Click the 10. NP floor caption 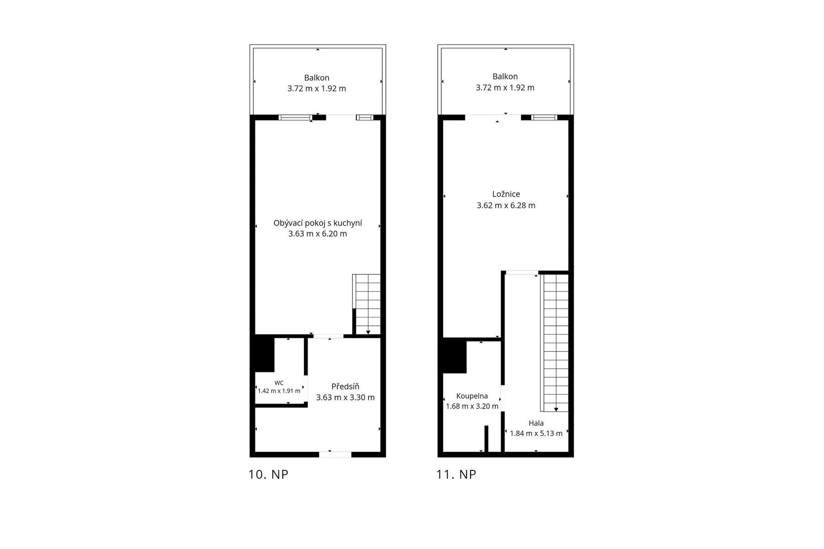coord(268,474)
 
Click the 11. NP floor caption coord(456,474)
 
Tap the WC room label coord(279,383)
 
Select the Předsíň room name coord(345,387)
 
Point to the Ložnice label coord(506,194)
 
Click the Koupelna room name coord(472,396)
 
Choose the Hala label coord(536,423)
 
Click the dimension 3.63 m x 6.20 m coord(318,234)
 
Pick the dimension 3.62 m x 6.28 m coord(506,205)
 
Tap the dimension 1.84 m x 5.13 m coord(536,433)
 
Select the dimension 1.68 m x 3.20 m coord(472,406)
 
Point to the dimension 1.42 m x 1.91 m coord(279,391)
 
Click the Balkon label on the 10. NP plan coord(317,78)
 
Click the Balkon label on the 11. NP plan coord(505,76)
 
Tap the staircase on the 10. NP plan coord(367,304)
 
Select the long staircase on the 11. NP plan coord(555,342)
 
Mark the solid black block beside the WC coord(265,354)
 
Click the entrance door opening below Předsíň coord(335,454)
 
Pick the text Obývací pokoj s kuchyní coord(318,223)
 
